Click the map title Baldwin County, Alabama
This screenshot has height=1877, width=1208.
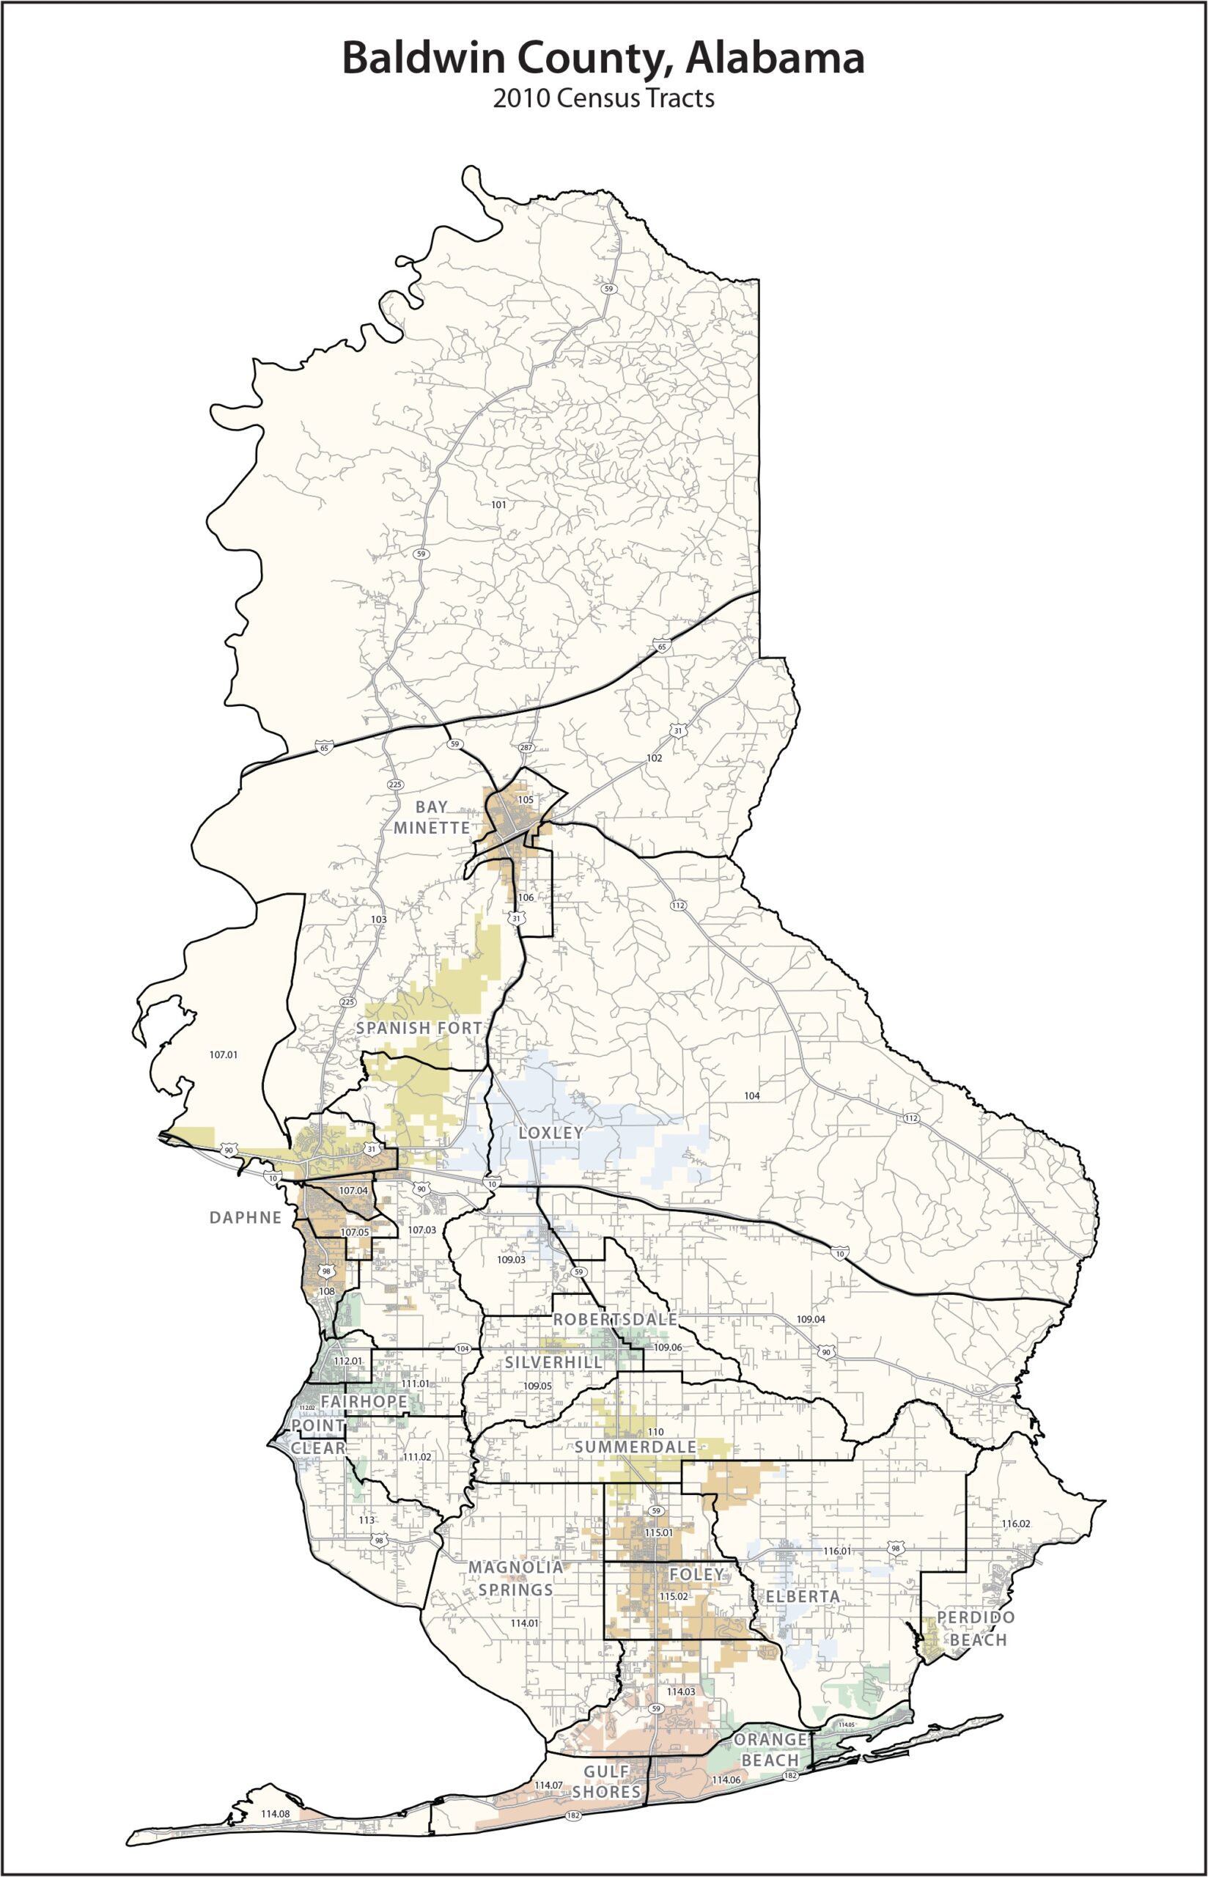(x=603, y=59)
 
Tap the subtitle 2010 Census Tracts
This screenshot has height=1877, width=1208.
(x=603, y=99)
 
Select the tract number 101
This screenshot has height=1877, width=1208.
(x=499, y=504)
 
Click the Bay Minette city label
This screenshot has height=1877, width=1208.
(x=432, y=818)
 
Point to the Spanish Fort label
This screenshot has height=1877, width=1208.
(x=419, y=1027)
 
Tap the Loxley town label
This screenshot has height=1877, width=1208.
(x=550, y=1133)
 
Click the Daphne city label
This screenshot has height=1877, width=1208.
(x=245, y=1217)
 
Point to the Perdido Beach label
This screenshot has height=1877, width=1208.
(x=976, y=1628)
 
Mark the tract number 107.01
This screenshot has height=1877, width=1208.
(x=224, y=1055)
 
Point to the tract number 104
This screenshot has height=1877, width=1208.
(x=751, y=1095)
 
